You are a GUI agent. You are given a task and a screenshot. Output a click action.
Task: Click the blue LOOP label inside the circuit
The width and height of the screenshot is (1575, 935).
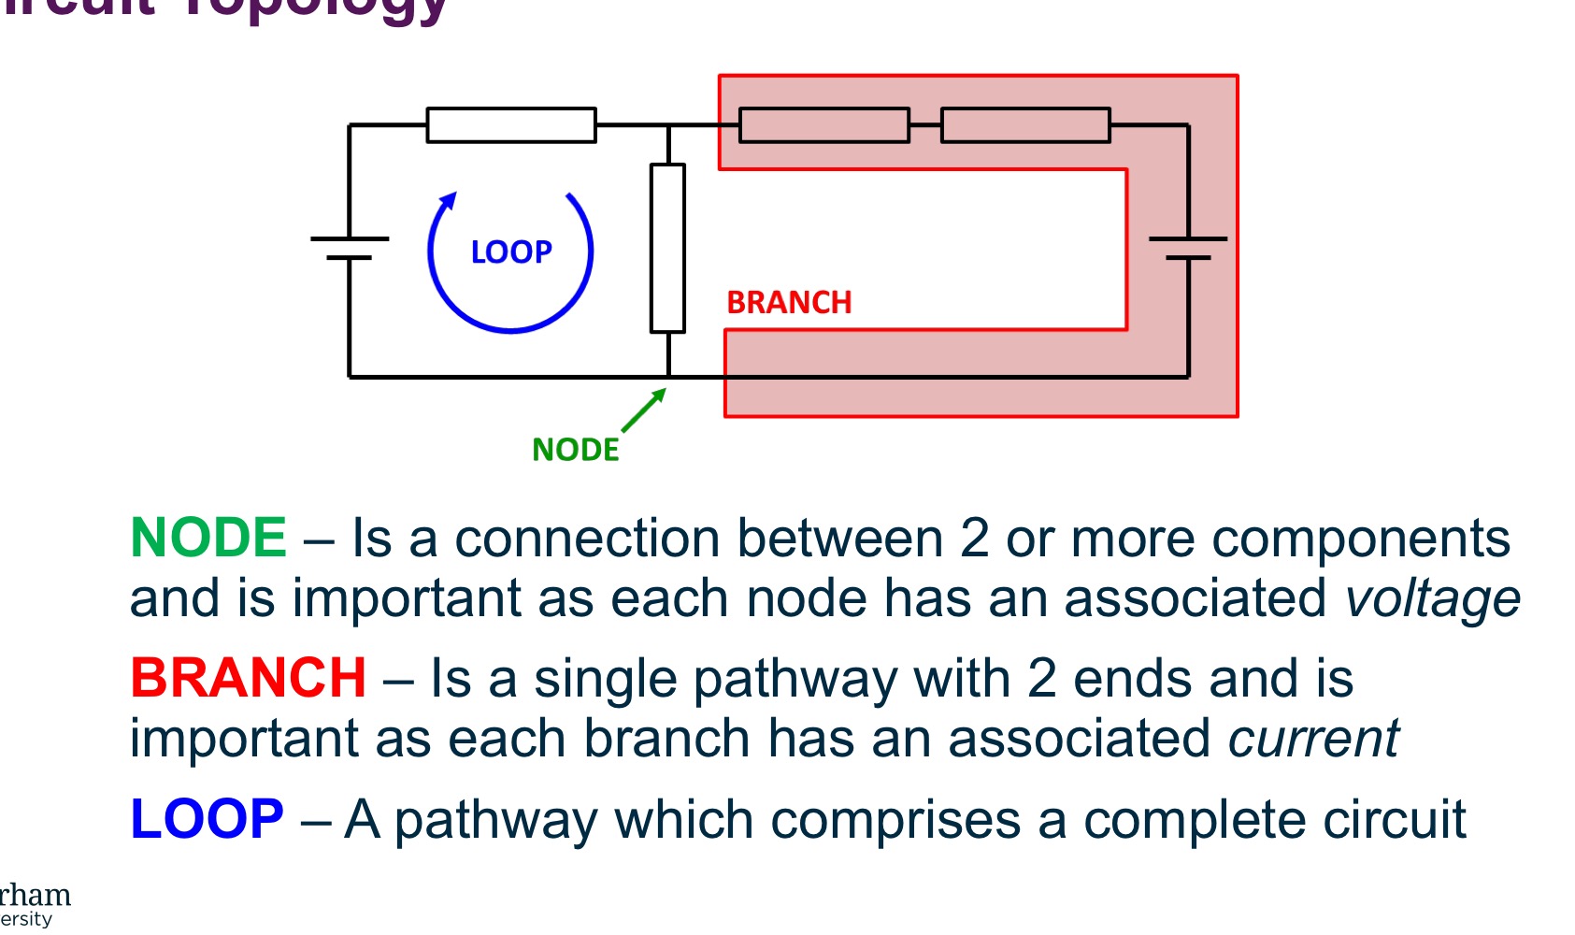[x=511, y=252]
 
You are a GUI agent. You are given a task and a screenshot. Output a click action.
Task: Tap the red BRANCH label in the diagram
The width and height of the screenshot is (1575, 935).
[x=789, y=303]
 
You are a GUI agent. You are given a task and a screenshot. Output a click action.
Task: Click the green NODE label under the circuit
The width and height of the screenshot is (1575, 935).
[x=575, y=450]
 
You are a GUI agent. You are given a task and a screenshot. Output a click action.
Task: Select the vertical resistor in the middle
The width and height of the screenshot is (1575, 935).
[x=667, y=248]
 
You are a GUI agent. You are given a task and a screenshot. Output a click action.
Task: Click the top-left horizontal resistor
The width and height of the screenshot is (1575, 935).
[x=511, y=125]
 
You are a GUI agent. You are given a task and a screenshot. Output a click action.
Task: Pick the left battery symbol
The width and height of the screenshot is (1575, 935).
[x=350, y=248]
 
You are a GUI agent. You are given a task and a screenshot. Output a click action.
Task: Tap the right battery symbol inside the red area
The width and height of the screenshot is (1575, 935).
[x=1188, y=248]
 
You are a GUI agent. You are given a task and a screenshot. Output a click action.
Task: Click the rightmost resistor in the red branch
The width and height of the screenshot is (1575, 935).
[x=1025, y=125]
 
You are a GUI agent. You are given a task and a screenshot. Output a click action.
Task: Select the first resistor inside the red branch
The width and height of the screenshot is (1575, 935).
[x=823, y=125]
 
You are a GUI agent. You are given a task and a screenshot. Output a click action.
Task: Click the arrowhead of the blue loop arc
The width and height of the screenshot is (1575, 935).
[x=450, y=201]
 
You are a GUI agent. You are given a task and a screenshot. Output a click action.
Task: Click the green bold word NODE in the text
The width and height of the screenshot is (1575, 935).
[x=208, y=539]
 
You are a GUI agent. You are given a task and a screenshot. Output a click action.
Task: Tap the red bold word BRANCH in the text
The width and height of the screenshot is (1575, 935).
[x=248, y=678]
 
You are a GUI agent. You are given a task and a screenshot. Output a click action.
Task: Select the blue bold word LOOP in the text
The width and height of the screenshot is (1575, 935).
[x=207, y=819]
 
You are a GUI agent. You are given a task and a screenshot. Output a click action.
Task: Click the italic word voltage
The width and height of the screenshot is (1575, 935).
[x=1432, y=599]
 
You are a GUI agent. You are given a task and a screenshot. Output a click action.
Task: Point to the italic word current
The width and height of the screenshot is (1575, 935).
[x=1312, y=739]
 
